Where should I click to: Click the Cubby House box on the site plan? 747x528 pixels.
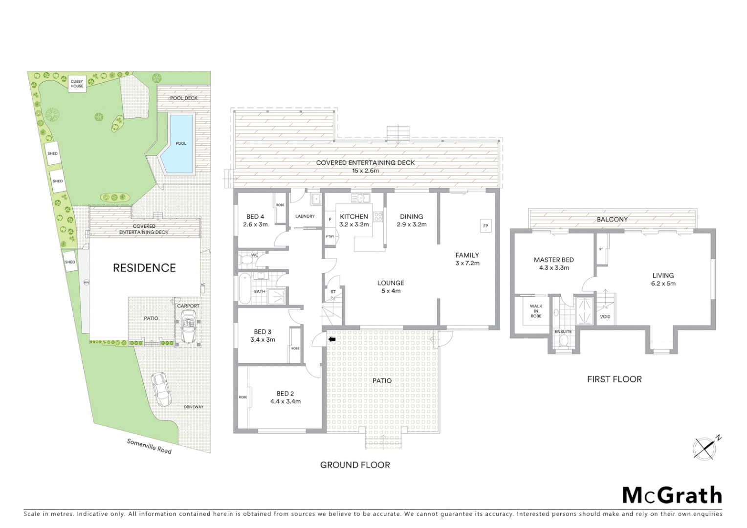[x=77, y=84]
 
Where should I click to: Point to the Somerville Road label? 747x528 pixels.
[x=149, y=446]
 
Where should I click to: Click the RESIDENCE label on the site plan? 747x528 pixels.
[x=144, y=268]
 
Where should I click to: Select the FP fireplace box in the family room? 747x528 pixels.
[x=485, y=226]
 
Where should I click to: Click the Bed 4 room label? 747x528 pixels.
[x=255, y=220]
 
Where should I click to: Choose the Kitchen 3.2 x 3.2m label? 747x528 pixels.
[x=353, y=220]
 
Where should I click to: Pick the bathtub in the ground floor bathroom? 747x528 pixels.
[x=244, y=289]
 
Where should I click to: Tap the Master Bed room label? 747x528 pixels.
[x=553, y=264]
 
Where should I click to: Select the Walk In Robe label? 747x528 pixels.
[x=536, y=311]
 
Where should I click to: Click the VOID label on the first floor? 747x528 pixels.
[x=605, y=316]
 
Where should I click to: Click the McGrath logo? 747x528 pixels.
[x=672, y=495]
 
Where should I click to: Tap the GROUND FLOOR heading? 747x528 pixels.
[x=355, y=465]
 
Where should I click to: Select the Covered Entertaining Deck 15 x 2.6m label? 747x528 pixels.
[x=365, y=167]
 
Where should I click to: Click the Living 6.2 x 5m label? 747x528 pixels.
[x=663, y=279]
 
